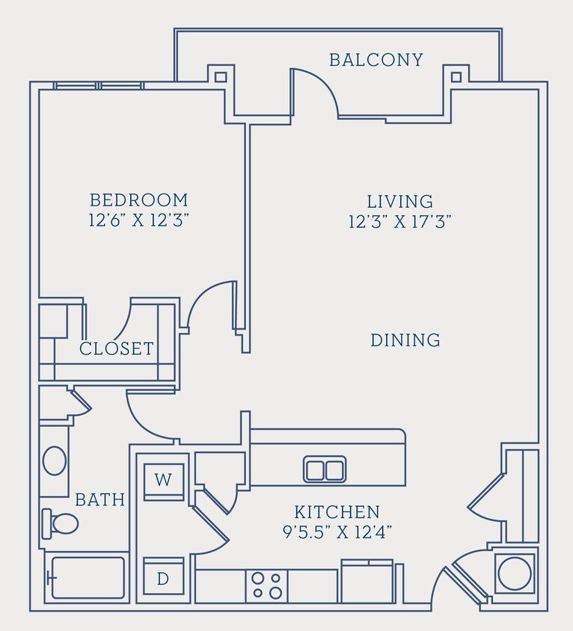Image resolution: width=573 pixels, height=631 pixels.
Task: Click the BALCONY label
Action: coord(376,60)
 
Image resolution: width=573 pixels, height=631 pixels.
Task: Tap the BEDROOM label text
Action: coord(138,200)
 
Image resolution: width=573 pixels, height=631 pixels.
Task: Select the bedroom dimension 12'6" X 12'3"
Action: coord(138,221)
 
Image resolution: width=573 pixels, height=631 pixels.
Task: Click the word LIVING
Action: coord(400,202)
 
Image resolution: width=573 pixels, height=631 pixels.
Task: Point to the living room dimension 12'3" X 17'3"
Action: coord(400,222)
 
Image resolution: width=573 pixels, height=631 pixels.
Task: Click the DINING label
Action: coord(405,341)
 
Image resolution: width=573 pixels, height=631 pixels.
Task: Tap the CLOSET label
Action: coord(117,349)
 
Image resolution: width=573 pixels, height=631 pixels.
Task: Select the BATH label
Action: coord(99,500)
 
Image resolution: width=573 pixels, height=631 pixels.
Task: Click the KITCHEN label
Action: coord(337,513)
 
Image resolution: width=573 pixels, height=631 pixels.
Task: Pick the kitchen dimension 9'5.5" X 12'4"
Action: coord(337,532)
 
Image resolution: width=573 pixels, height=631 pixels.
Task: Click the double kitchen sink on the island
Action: coord(325,470)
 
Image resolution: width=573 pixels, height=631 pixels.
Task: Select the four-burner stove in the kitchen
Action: coord(267,585)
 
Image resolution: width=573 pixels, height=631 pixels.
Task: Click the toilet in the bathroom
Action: coord(61,523)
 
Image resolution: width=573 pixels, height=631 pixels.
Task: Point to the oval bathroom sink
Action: coord(55,461)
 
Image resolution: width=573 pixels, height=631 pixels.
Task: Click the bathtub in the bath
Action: coord(87,578)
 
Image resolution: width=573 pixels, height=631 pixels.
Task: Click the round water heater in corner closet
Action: coord(515,574)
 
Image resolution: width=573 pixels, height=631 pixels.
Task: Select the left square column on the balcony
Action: coord(220,76)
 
